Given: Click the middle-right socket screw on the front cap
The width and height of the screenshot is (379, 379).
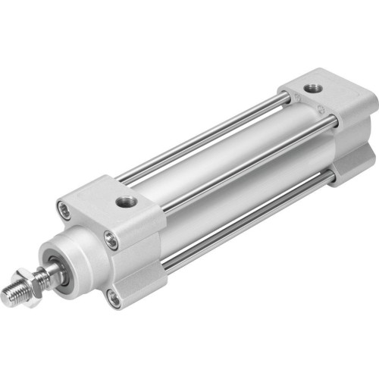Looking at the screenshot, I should click(113, 242).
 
